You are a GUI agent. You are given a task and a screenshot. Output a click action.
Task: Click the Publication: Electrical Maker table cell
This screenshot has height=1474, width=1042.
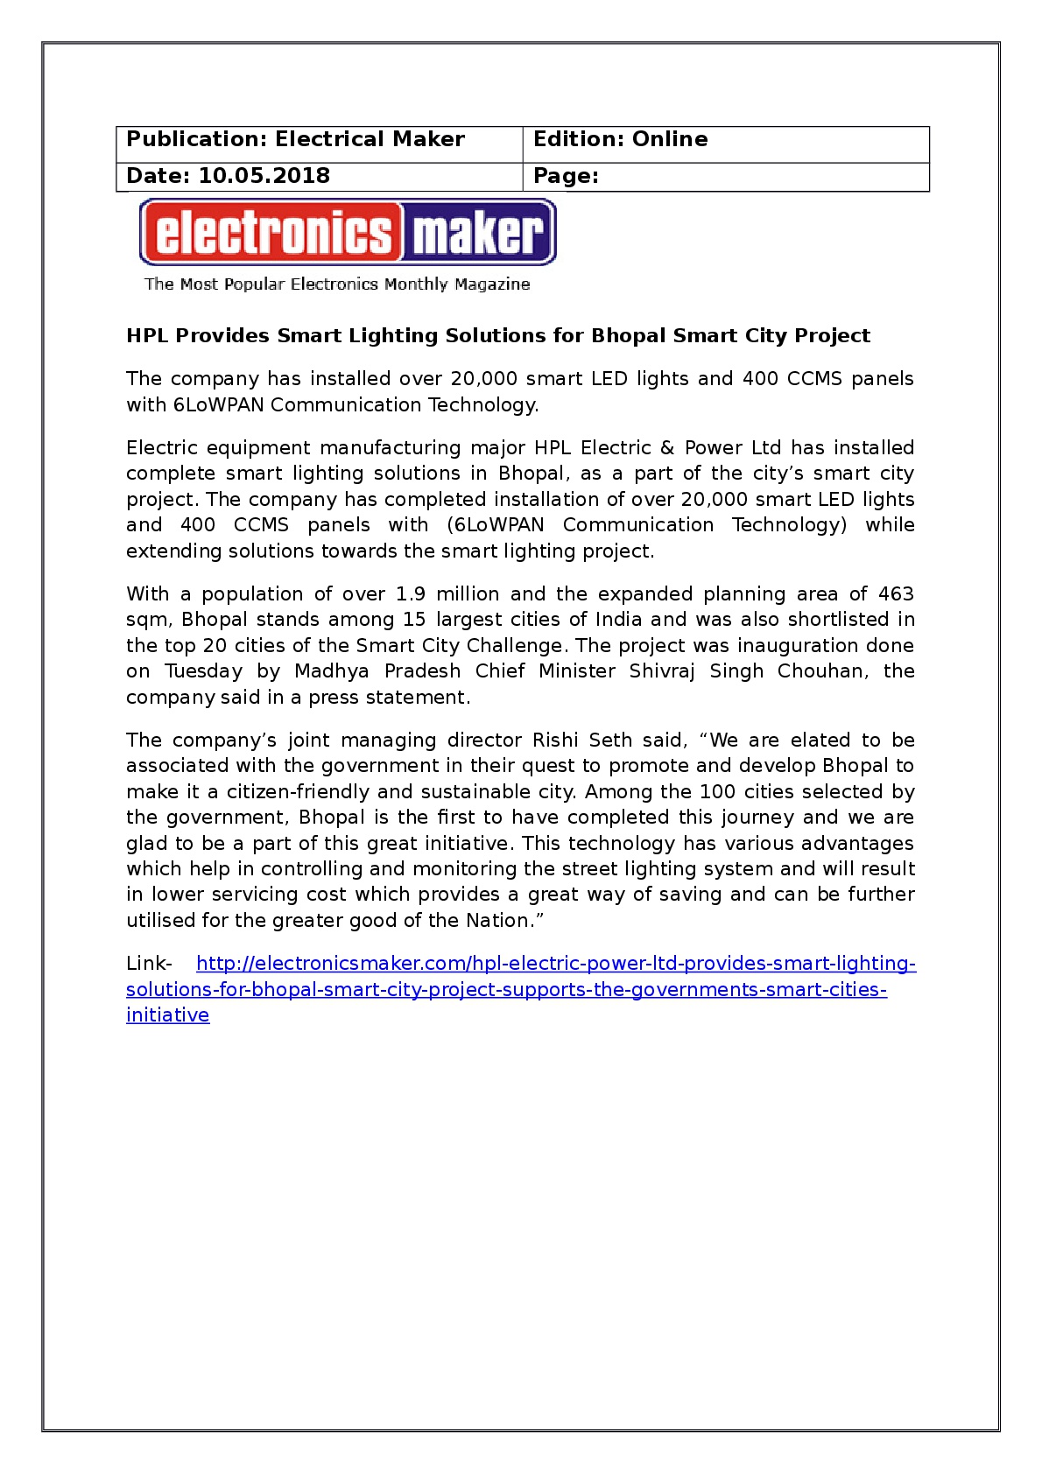point(295,140)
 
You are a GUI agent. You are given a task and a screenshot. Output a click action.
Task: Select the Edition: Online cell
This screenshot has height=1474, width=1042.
point(620,140)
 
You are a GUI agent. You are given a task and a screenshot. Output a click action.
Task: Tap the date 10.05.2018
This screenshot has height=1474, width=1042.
point(264,176)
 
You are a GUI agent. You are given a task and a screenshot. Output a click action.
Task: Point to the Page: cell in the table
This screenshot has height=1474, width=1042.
point(566,176)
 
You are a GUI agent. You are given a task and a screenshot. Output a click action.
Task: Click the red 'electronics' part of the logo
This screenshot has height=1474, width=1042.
point(271,233)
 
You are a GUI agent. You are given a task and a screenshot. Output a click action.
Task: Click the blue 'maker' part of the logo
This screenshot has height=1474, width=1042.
point(478,233)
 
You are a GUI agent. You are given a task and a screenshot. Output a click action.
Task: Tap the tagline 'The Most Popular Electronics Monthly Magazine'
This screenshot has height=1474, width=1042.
point(337,284)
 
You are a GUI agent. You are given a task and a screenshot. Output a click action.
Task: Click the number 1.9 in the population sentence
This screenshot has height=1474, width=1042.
point(410,594)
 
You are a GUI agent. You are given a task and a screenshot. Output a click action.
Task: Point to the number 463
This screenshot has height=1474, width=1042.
point(896,594)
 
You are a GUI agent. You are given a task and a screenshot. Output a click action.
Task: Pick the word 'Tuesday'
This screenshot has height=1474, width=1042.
point(203,671)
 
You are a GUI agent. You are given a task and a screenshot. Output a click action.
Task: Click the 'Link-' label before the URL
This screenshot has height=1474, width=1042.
point(149,964)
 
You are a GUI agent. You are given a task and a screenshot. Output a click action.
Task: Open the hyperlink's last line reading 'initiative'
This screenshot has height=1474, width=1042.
point(167,1015)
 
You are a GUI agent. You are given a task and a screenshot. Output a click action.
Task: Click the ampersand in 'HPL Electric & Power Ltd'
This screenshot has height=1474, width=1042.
point(667,448)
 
